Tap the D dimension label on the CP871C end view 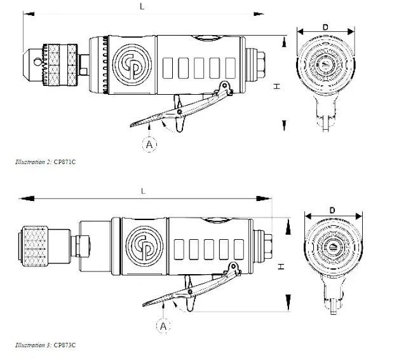325,27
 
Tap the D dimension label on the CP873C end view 332,209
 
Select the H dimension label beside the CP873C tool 280,267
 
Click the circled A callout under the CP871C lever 149,145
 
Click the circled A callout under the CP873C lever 164,326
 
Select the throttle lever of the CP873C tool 191,290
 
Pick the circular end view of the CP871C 325,69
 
